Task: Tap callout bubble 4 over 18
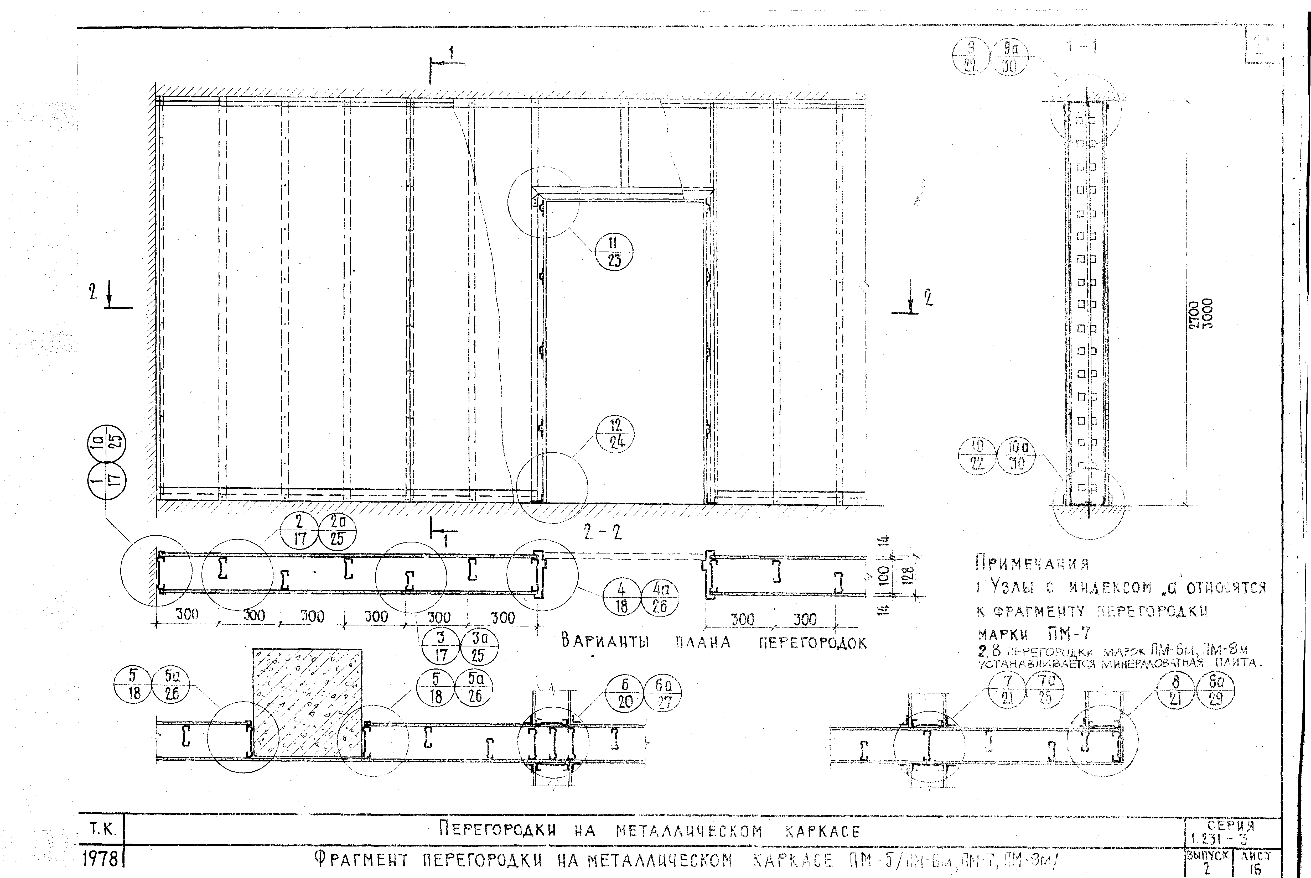(x=621, y=598)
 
